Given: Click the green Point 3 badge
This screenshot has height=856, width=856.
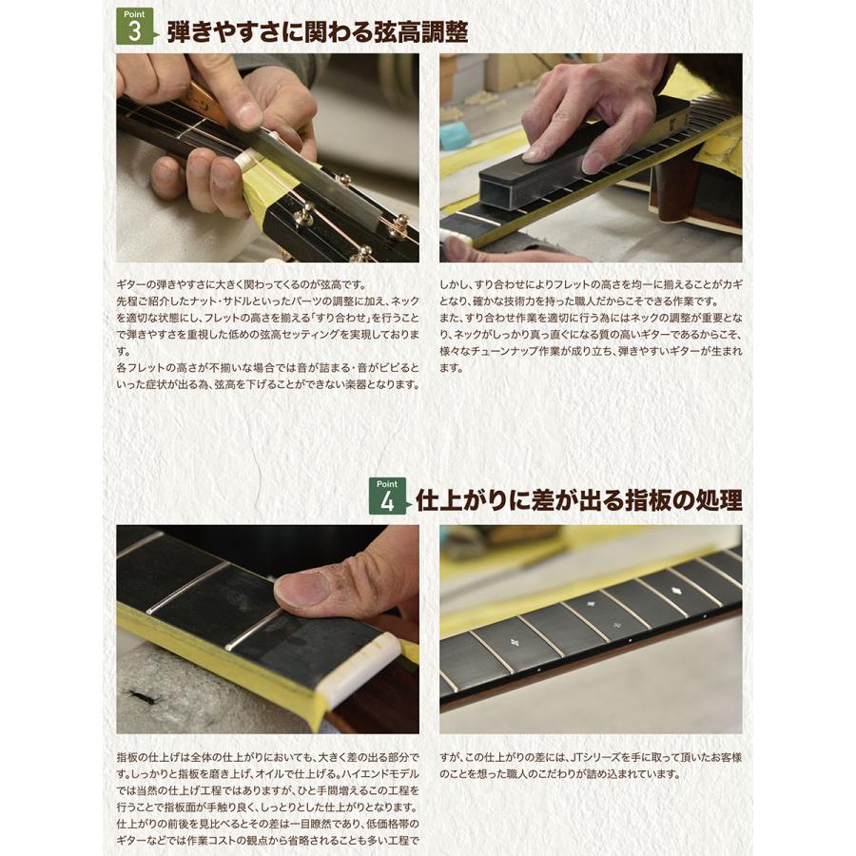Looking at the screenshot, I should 134,26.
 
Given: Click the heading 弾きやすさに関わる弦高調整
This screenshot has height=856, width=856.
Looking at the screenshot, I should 317,31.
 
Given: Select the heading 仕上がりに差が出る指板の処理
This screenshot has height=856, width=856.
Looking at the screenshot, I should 578,500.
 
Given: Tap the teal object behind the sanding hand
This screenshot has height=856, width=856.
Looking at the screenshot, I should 455,136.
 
